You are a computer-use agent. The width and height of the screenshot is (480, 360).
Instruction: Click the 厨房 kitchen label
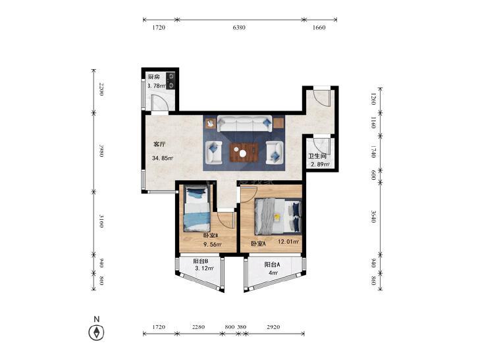coord(154,77)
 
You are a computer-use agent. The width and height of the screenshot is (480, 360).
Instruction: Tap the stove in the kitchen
coord(171,81)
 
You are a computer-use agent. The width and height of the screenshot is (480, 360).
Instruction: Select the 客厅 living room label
coord(159,144)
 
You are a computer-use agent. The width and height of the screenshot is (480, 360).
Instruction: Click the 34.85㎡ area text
coord(163,158)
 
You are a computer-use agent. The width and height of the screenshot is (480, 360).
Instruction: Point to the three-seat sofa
coord(244,124)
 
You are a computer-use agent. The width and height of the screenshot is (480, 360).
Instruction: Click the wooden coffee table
coord(244,152)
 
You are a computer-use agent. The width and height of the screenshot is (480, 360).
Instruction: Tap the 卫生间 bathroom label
coord(317,156)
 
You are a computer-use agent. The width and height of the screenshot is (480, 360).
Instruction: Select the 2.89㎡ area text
coord(320,165)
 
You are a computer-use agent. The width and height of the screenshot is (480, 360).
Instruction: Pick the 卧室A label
coord(258,244)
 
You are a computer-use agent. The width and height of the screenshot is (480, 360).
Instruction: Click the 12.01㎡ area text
coord(288,242)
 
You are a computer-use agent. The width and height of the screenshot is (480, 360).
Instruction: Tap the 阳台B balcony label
coord(201,261)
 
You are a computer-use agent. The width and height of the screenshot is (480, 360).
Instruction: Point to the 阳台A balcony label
coord(272,265)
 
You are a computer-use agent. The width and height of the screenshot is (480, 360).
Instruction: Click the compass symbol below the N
coord(96,332)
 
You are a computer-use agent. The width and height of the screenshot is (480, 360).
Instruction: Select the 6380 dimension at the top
coord(239,28)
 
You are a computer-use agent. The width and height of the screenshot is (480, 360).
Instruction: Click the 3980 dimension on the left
coord(101,150)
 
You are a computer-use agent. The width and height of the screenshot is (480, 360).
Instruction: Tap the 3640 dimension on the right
coord(373,217)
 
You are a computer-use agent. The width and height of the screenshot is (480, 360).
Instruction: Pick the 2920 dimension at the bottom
coord(273,327)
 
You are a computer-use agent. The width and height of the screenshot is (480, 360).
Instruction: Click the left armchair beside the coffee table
coord(213,152)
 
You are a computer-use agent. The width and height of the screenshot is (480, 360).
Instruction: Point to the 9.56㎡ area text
coord(213,244)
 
